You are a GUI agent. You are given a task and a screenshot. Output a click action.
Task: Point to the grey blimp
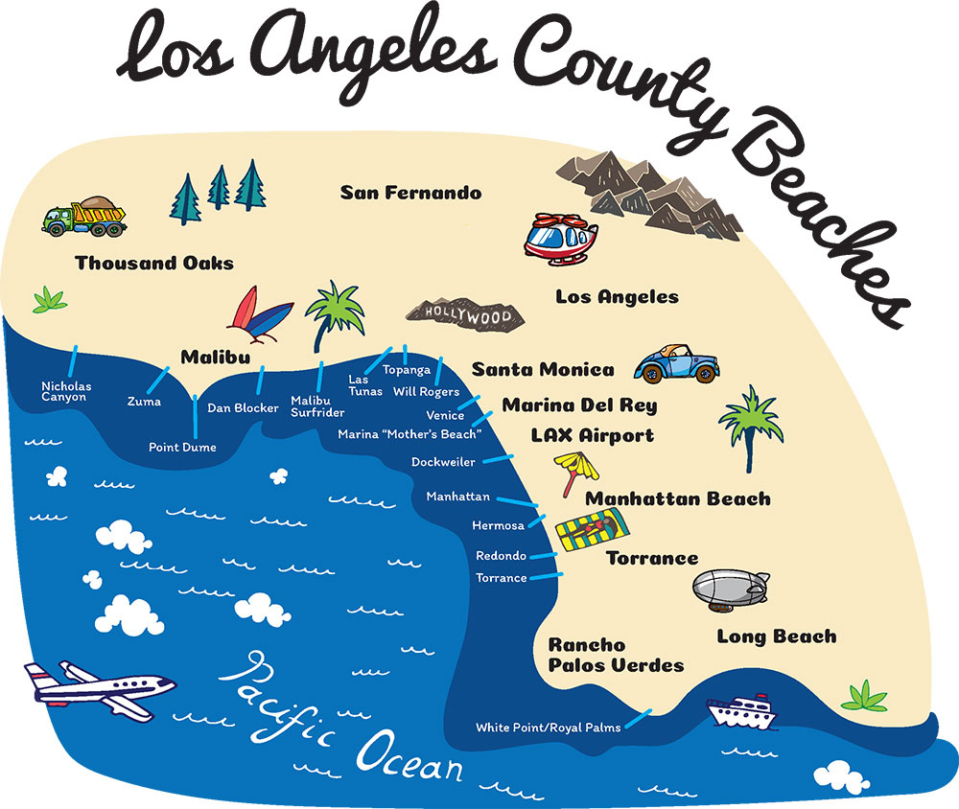pos(730,588)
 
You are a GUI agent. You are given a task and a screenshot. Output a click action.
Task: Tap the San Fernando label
pos(410,193)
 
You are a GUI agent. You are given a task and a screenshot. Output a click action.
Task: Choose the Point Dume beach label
pos(182,448)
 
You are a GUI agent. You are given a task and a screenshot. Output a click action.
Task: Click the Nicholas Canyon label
pos(64,392)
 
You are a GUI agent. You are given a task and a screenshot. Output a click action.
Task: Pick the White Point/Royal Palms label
pos(548,728)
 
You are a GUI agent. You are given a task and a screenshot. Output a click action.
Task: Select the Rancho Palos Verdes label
pos(615,655)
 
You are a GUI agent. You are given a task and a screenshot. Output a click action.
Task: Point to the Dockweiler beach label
pos(444,462)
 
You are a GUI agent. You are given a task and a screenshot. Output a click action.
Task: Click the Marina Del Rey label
pos(579,404)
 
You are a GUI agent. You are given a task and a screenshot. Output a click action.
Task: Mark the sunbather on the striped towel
pos(595,528)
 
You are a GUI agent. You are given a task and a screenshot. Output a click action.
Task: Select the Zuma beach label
pos(144,402)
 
